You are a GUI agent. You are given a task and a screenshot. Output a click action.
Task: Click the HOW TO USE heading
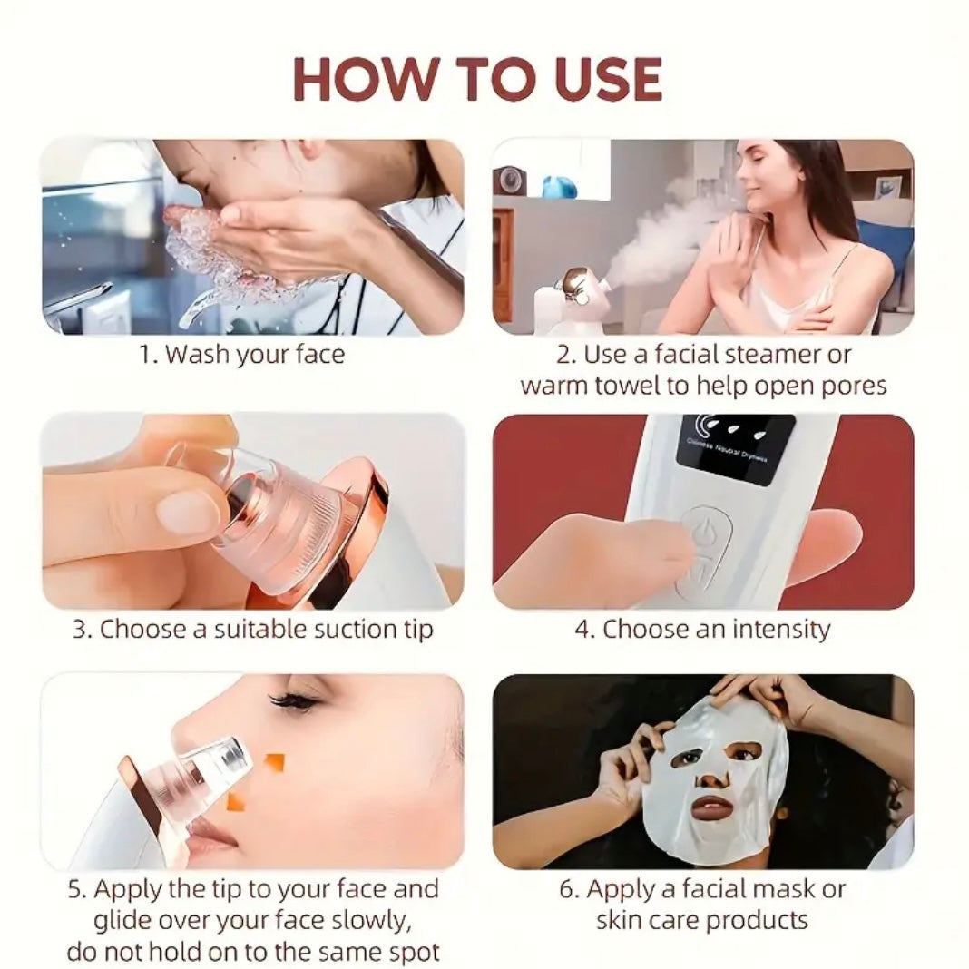point(478,79)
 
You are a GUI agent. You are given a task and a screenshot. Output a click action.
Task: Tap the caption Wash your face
point(241,354)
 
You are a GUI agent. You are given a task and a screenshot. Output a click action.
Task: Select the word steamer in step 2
point(798,354)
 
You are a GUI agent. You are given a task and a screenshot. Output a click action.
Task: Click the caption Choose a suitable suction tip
point(253,629)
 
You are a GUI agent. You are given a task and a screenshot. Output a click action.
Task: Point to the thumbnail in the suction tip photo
point(187,513)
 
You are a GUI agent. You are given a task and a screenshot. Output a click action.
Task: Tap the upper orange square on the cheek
point(275,762)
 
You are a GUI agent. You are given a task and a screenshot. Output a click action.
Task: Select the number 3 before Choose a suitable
point(82,629)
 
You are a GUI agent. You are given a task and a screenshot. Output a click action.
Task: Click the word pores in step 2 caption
point(851,385)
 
